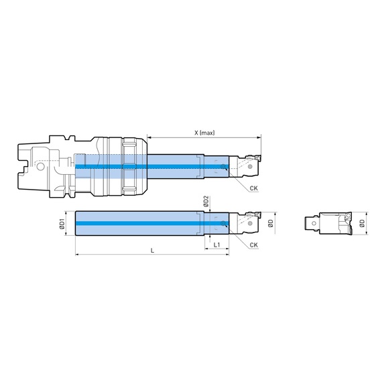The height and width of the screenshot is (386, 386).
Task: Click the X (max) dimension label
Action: [x=204, y=133]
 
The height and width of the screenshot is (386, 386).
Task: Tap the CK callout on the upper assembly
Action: [x=254, y=188]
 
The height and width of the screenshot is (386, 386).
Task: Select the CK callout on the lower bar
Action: [x=254, y=245]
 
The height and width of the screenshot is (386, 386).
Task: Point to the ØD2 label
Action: [x=206, y=201]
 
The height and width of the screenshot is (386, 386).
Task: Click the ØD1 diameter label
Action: [x=62, y=224]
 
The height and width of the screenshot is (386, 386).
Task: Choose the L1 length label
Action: [x=216, y=245]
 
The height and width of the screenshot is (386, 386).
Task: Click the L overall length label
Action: [x=152, y=251]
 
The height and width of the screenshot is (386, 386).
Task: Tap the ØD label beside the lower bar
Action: [x=271, y=223]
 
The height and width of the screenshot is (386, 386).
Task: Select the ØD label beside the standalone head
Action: [x=362, y=223]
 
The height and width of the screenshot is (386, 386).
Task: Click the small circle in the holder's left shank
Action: [x=40, y=168]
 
